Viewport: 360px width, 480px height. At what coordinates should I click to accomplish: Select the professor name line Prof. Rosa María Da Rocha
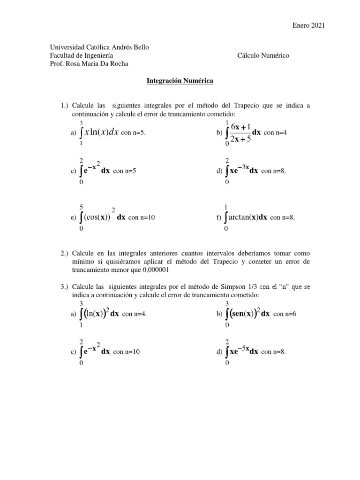click(89, 64)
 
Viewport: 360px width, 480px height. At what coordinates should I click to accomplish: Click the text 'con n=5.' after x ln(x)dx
click(134, 133)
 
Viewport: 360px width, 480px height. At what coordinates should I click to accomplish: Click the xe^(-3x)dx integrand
click(244, 171)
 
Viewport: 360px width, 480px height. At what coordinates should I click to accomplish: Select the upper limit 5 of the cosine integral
click(82, 207)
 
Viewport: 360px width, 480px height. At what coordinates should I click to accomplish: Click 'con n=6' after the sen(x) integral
click(285, 315)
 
